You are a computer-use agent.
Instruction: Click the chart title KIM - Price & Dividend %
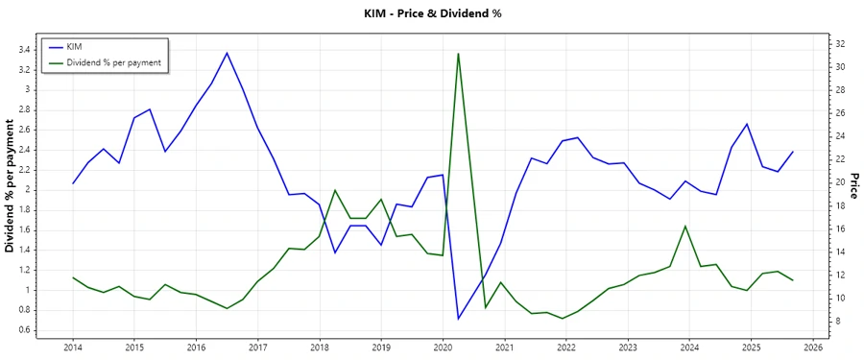click(431, 13)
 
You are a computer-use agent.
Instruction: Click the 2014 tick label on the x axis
click(72, 348)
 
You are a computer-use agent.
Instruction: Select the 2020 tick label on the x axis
click(443, 348)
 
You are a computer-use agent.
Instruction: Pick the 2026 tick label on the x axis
click(812, 348)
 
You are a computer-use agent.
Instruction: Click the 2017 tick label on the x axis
click(257, 348)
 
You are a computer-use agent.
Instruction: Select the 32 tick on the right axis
click(840, 44)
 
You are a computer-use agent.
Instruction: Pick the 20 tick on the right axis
click(840, 182)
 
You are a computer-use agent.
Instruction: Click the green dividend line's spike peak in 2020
click(458, 53)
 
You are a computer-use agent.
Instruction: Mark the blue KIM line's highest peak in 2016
click(227, 53)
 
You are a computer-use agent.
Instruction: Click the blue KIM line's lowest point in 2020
click(458, 319)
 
